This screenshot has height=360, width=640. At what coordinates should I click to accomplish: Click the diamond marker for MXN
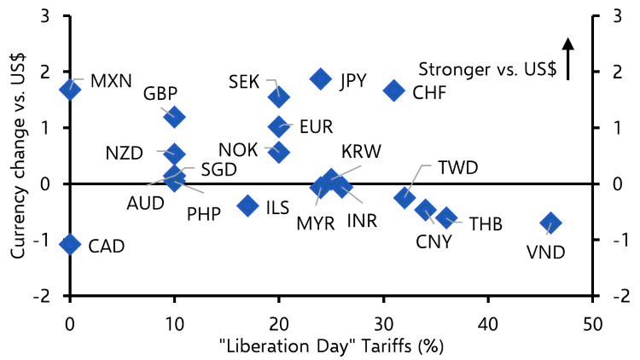(x=70, y=89)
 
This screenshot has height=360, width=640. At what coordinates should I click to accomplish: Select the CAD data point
(x=70, y=245)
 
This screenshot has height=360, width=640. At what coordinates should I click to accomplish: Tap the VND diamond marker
(x=550, y=224)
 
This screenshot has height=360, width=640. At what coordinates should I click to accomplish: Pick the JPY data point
(x=321, y=79)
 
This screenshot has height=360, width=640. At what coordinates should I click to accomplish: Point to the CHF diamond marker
(x=394, y=90)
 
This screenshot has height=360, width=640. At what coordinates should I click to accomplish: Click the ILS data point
(x=248, y=205)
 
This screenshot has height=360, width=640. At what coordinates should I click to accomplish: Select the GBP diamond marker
(x=175, y=117)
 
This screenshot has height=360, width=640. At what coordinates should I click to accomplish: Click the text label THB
(x=486, y=224)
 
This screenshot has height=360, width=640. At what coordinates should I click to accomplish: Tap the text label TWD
(x=457, y=167)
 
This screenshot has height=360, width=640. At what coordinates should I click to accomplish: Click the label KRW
(x=361, y=152)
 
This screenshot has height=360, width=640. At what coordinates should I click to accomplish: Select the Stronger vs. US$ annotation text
(x=488, y=70)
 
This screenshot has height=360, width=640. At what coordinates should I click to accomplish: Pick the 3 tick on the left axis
(x=44, y=17)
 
